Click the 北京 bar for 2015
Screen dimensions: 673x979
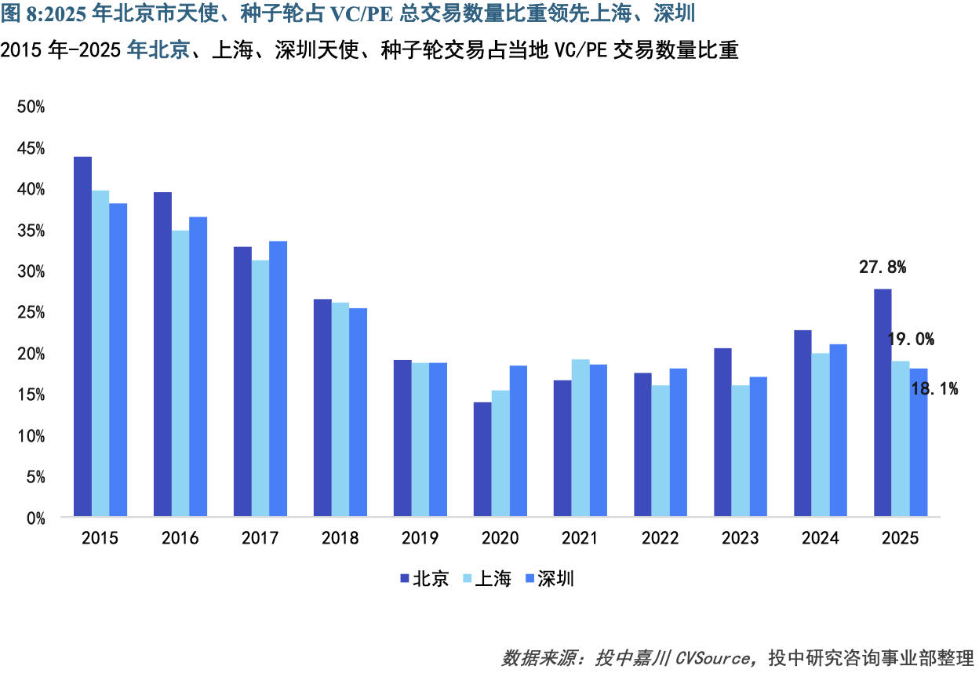(82, 336)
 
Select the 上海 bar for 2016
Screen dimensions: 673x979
(180, 373)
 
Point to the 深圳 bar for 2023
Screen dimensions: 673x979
(759, 446)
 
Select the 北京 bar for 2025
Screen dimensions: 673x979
(883, 402)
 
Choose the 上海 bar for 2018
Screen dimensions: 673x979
(340, 409)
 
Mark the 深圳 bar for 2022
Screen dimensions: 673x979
(679, 442)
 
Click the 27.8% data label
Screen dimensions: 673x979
(883, 267)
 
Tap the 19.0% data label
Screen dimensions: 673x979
(911, 340)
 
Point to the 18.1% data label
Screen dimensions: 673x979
(934, 388)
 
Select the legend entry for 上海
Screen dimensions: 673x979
(487, 579)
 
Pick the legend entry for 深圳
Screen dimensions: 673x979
(549, 579)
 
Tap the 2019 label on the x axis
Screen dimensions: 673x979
(420, 538)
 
